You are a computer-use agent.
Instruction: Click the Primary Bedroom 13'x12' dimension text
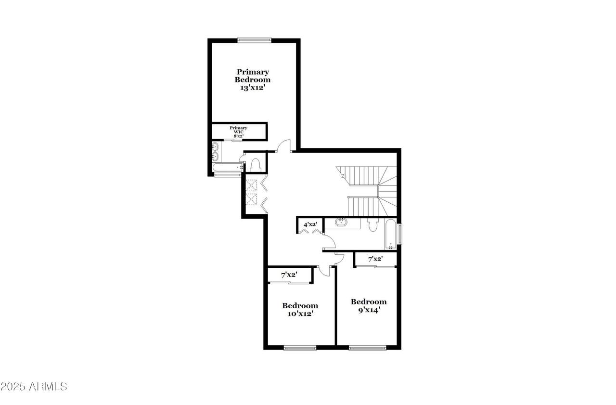point(252,88)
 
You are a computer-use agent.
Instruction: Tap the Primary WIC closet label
point(238,132)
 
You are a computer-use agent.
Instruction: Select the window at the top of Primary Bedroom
point(255,40)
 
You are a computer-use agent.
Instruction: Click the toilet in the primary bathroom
point(256,165)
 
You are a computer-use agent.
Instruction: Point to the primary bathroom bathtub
point(228,167)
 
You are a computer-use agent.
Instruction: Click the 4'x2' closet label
point(310,224)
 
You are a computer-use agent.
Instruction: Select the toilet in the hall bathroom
point(373,225)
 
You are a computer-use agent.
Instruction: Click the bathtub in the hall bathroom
point(391,234)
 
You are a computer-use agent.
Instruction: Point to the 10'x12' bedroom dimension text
point(300,314)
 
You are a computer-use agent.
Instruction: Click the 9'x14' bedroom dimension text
point(369,310)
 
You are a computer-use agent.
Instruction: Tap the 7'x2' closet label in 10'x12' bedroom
point(289,274)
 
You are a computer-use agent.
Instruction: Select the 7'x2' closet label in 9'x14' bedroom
point(375,259)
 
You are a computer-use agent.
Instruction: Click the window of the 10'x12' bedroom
point(300,348)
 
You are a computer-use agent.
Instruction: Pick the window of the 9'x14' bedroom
point(368,348)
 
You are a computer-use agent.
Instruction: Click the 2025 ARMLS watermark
point(34,387)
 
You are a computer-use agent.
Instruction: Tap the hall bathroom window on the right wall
point(400,234)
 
